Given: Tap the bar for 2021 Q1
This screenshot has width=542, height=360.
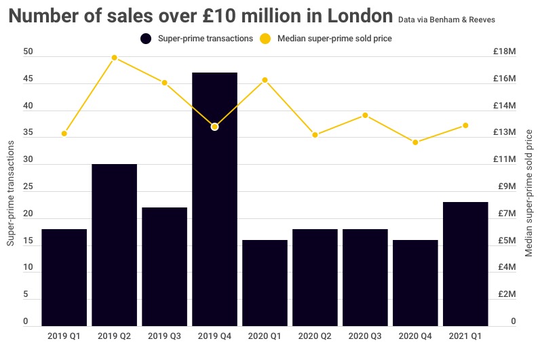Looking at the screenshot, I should coord(465,264).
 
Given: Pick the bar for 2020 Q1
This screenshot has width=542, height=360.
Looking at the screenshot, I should coord(265,283).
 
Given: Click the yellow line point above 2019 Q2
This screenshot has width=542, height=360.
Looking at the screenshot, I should coord(115,58).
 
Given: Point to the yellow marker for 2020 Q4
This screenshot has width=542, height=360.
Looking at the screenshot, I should coord(415,142).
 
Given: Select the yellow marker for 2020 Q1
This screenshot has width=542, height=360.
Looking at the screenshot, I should coord(265,80).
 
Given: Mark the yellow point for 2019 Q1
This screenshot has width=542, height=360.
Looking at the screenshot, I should coord(64,134).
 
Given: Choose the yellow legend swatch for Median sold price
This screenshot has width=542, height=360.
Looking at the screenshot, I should coord(267,39).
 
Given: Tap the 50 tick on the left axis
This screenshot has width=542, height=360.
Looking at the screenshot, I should coord(27,52).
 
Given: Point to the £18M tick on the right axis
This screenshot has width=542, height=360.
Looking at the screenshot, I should coord(505,52).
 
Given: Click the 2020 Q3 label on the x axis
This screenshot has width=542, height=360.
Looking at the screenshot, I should coord(365,336).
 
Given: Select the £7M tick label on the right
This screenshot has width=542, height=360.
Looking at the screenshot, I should coord(505,214).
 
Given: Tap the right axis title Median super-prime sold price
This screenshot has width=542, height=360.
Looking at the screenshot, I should coord(530,193).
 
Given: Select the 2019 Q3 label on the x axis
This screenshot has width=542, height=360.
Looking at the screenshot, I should coord(164,336).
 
